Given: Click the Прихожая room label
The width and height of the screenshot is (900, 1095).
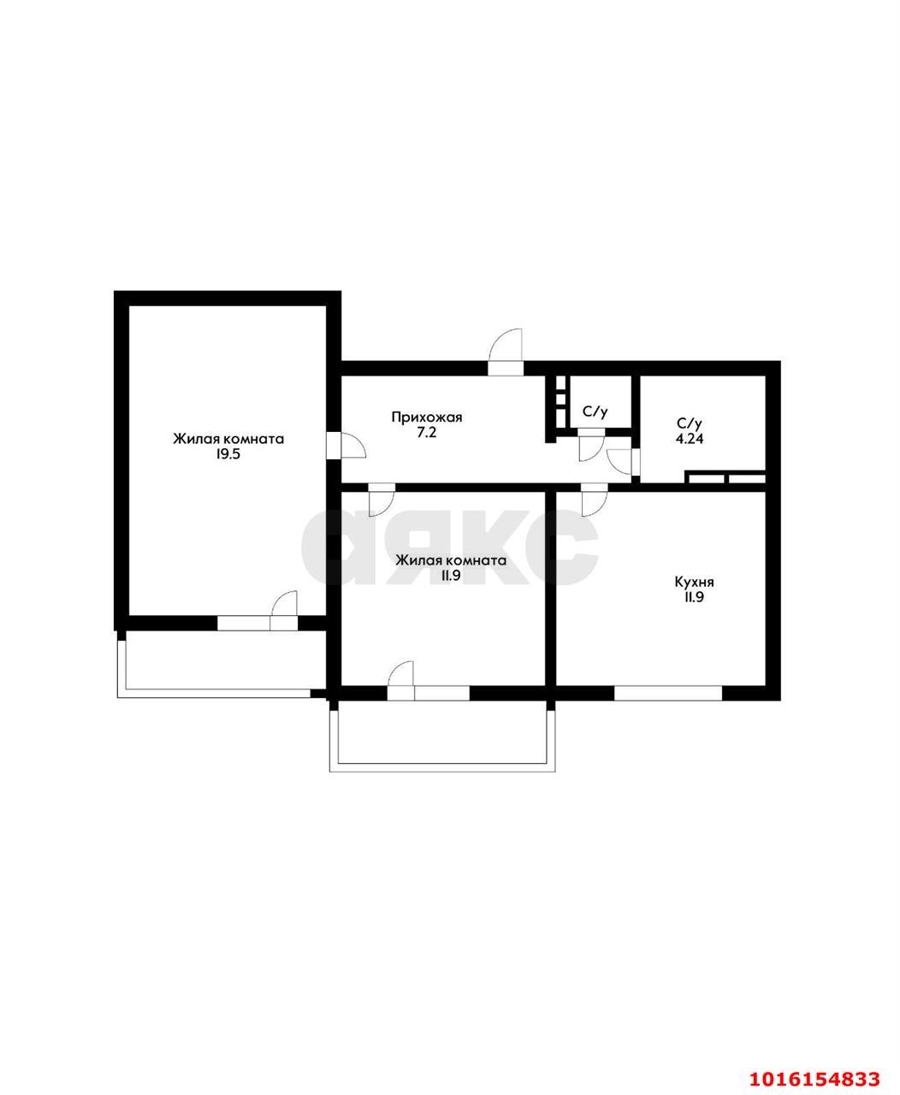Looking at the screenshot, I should tap(426, 417).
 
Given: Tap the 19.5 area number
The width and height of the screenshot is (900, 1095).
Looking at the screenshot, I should tap(228, 455).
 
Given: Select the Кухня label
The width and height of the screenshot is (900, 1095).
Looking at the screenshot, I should tap(694, 583).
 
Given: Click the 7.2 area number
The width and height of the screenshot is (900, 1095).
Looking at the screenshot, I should tap(427, 434).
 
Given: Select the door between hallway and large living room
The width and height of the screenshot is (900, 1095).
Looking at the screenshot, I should tap(347, 446).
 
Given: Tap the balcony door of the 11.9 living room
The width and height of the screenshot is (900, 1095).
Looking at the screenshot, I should tap(400, 676).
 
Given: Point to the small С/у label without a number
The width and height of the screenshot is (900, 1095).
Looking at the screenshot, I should tap(595, 411).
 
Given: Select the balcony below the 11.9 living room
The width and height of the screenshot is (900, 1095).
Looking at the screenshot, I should tap(442, 731).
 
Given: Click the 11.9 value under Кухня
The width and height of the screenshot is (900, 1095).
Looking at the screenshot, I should tap(694, 599).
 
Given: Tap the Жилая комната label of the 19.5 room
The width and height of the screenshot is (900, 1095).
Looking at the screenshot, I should tap(228, 439).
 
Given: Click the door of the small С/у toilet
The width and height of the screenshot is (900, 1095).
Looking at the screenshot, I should tap(590, 447).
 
